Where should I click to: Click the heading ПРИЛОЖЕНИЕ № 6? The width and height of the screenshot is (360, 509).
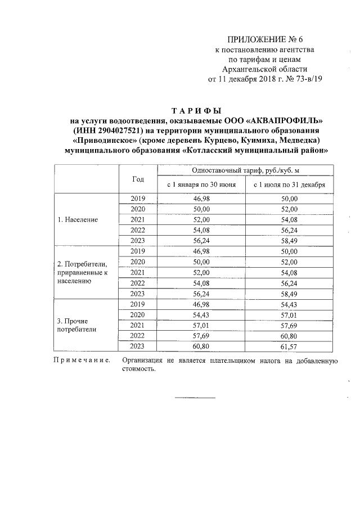pos(264,39)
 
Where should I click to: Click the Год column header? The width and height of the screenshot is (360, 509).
pos(138,179)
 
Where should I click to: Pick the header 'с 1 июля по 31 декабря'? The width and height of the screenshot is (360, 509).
pos(289,184)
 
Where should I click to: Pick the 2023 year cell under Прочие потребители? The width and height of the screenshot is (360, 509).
pos(138,346)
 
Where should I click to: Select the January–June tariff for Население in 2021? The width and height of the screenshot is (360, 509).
pos(201,219)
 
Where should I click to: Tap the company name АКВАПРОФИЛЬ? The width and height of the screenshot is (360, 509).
pos(280,120)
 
